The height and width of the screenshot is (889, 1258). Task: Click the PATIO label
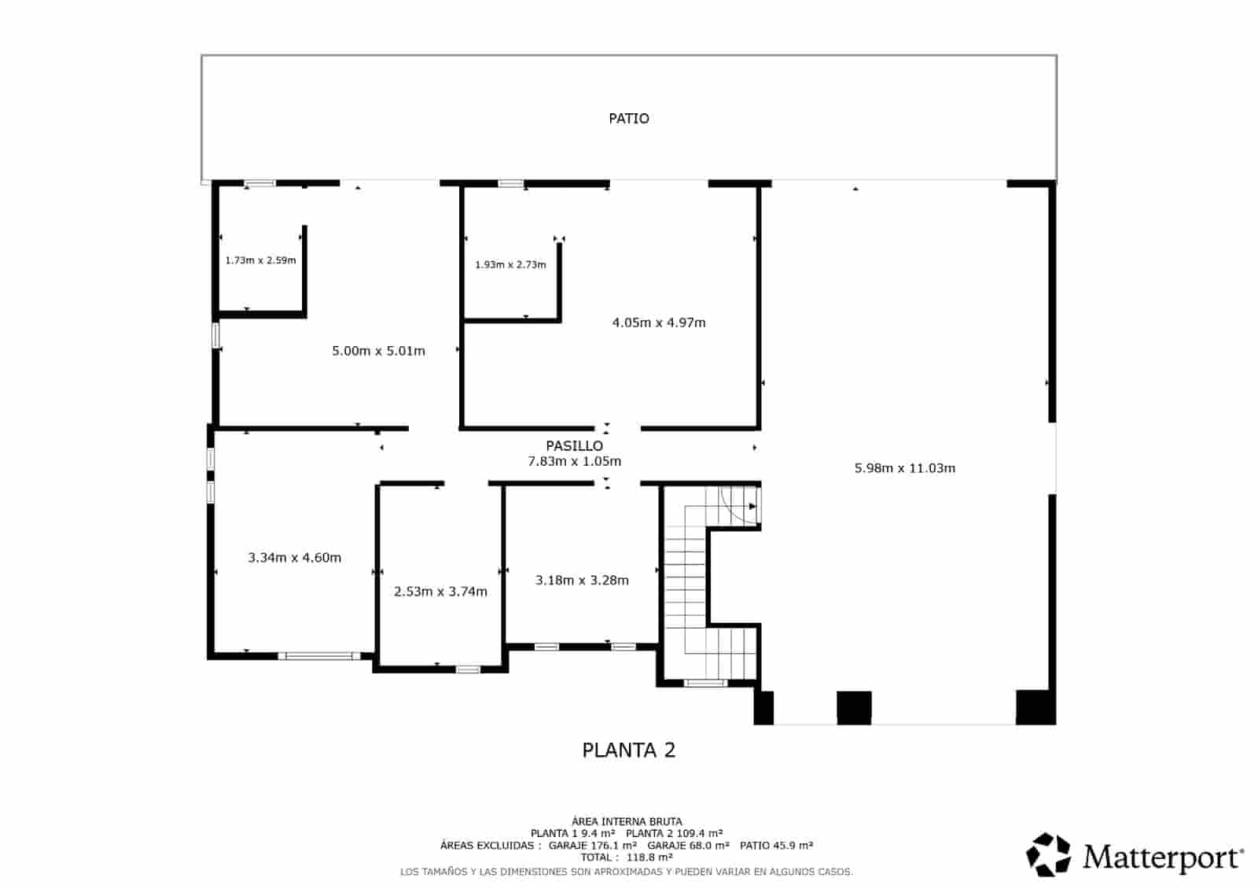629,119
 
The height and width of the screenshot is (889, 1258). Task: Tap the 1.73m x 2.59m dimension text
260,260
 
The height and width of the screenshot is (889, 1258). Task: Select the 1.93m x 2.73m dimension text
510,265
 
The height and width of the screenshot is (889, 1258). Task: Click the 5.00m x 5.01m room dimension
378,351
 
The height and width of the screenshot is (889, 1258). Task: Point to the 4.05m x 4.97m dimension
659,323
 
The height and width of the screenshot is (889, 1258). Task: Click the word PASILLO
574,446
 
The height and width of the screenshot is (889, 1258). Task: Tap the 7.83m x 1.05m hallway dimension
574,462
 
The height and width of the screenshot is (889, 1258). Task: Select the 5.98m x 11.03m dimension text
905,468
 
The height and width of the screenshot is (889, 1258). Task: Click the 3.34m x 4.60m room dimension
295,558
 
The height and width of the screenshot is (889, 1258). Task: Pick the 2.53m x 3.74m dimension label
440,592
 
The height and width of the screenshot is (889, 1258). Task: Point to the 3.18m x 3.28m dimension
582,581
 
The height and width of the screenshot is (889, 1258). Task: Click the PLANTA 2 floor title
628,751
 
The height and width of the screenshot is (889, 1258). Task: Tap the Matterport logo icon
1049,854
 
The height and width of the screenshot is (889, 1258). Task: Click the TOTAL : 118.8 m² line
627,858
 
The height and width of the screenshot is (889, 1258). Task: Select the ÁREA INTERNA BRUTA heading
627,821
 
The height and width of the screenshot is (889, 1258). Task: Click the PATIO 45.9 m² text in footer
776,846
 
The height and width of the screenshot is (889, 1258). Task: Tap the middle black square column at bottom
854,707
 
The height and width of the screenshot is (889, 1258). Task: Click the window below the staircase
705,683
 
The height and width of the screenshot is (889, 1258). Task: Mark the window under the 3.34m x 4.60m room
318,655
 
